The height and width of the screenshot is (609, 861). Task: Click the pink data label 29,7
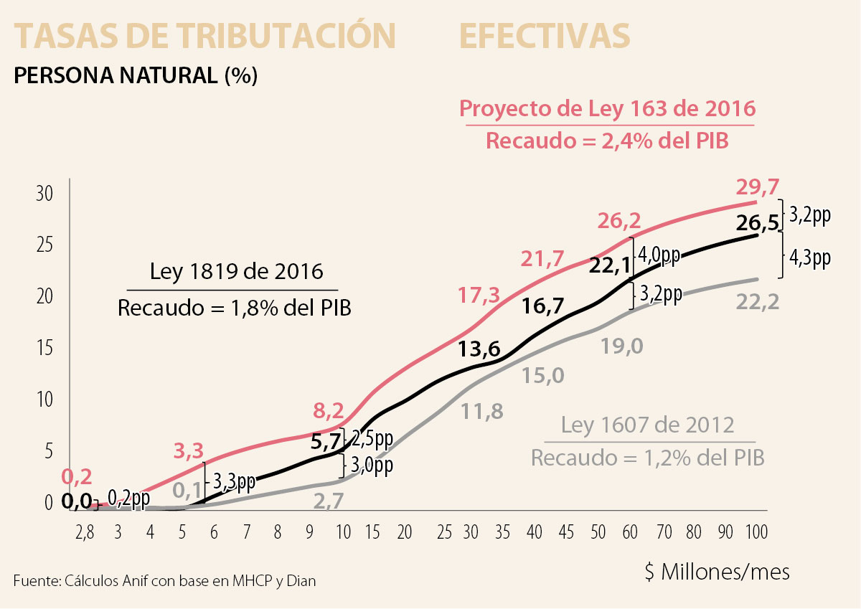pos(757,188)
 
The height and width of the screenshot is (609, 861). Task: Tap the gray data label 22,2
pos(757,303)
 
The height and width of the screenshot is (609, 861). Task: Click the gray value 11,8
pos(482,411)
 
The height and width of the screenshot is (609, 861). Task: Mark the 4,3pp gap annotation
pos(809,258)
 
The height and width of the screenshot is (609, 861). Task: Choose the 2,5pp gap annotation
pos(372,438)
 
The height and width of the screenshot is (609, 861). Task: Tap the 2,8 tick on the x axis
pos(85,532)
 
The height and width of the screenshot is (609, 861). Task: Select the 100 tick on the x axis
pos(756,532)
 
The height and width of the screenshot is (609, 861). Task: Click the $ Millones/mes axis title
pos(717,572)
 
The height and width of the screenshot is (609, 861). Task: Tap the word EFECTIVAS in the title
pos(545,36)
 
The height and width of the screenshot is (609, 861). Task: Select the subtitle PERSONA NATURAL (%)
pos(135,75)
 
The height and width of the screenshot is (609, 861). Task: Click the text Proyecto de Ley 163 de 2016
pos(607,109)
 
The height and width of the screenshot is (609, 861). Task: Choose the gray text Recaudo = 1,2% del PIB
pos(647,457)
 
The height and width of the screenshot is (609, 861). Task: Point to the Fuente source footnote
pos(164,580)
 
